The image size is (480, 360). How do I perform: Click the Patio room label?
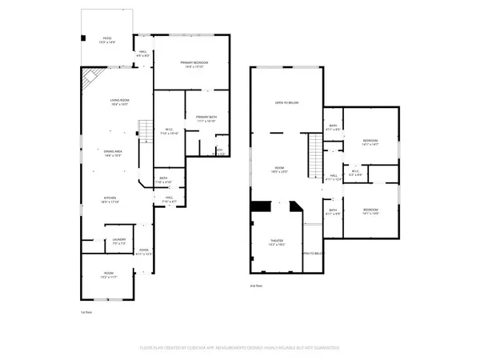[106, 39]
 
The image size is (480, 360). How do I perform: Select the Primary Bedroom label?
[194, 63]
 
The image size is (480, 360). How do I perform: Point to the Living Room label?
[120, 101]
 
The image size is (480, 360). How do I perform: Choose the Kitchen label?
[110, 199]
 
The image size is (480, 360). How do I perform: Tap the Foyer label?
[144, 251]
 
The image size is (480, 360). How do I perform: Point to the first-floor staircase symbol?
[146, 128]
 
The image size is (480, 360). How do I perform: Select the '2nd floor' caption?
[257, 285]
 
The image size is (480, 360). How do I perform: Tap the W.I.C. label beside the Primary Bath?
[170, 131]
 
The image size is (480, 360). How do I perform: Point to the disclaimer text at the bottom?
[240, 348]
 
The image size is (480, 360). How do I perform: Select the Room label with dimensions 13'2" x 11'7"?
[109, 274]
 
